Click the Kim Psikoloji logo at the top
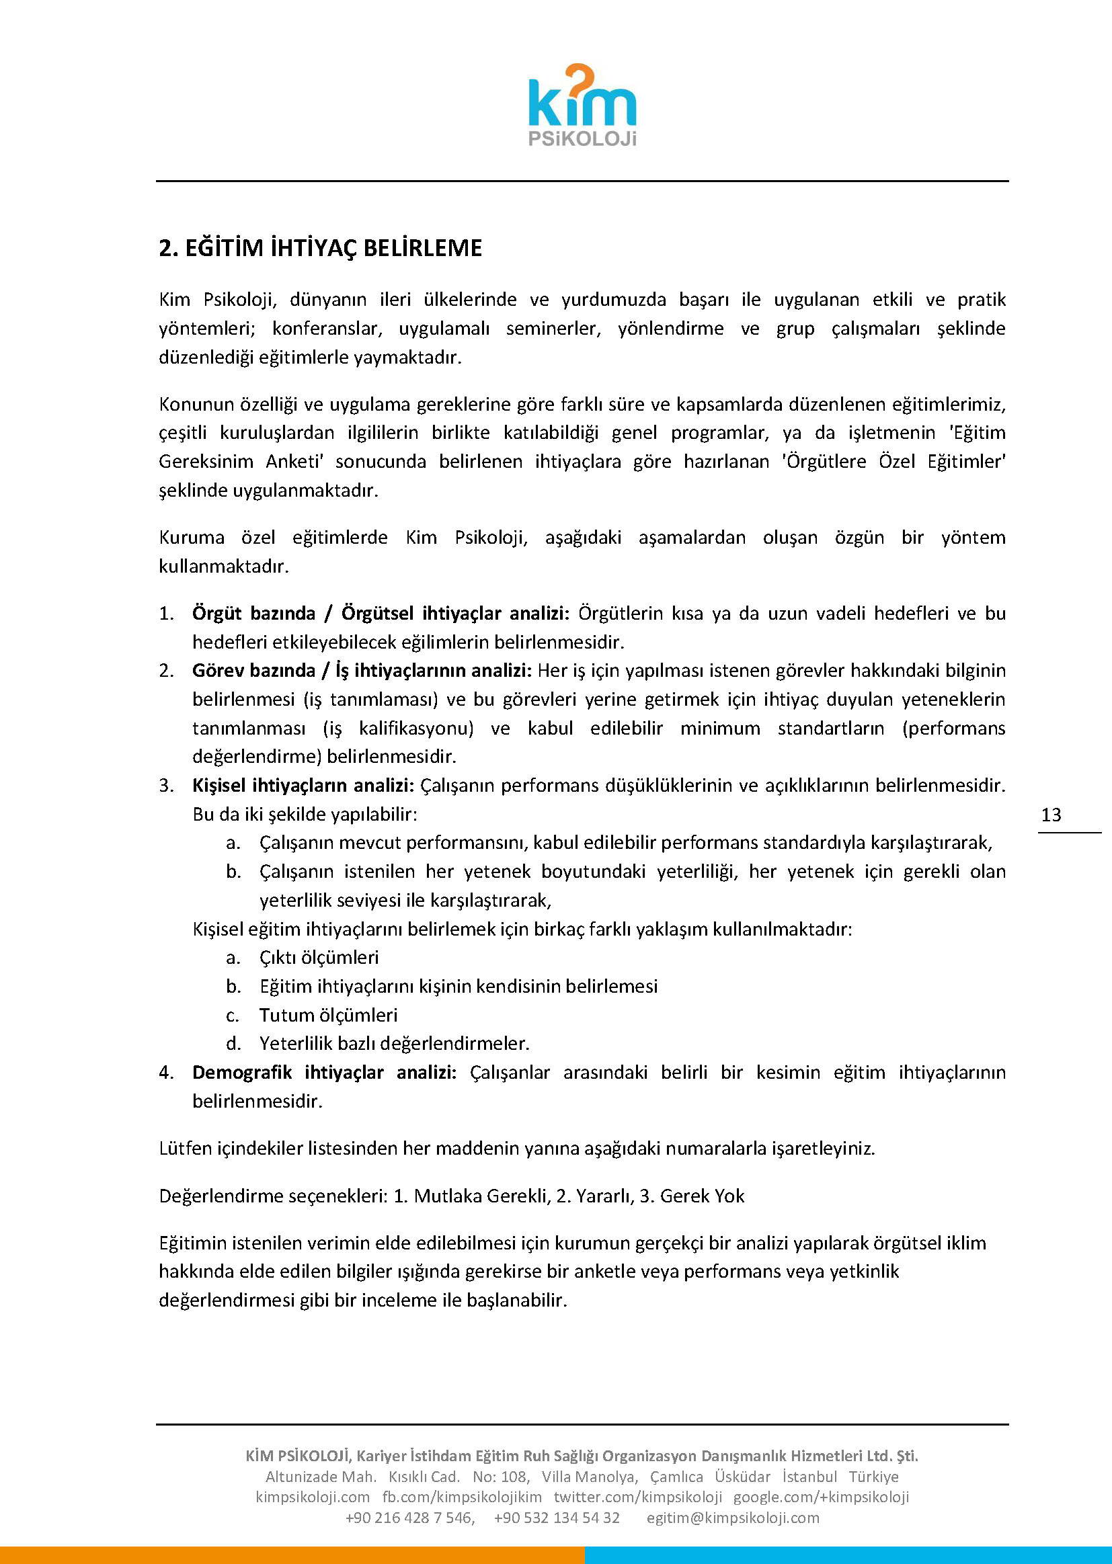click(x=582, y=107)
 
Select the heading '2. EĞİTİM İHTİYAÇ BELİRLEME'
click(x=321, y=248)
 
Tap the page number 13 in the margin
click(x=1050, y=815)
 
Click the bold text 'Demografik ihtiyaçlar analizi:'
click(x=324, y=1073)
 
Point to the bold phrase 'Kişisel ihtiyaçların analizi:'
click(x=303, y=785)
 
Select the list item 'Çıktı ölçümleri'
click(x=319, y=958)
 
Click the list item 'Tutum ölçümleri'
click(x=328, y=1015)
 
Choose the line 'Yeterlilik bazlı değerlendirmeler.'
click(x=395, y=1044)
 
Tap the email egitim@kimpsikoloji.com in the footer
click(x=732, y=1518)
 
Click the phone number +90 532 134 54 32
click(x=556, y=1518)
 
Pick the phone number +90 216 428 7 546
click(x=409, y=1518)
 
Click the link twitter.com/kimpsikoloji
click(x=637, y=1497)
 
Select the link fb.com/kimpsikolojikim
click(x=461, y=1497)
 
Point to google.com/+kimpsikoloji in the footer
click(x=820, y=1497)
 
